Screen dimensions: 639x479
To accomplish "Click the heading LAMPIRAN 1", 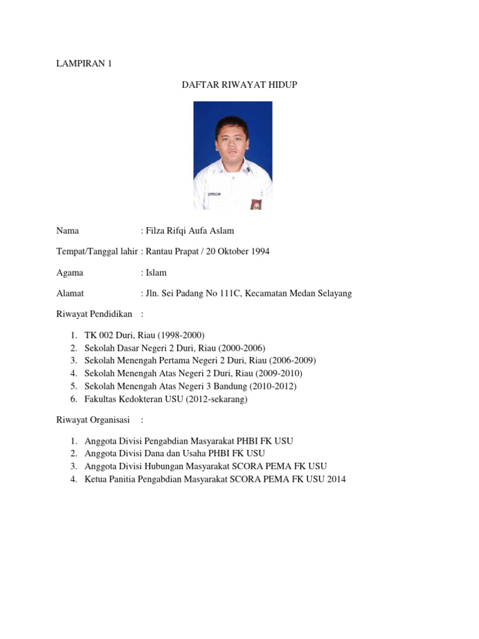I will pyautogui.click(x=84, y=64).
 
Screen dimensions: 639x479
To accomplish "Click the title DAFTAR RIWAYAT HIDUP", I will pyautogui.click(x=239, y=84).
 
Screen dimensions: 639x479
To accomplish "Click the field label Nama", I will pyautogui.click(x=67, y=231).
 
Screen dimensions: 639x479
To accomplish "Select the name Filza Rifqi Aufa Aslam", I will pyautogui.click(x=190, y=231).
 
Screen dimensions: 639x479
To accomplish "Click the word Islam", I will pyautogui.click(x=156, y=273).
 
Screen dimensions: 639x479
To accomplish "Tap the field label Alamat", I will pyautogui.click(x=70, y=293).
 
